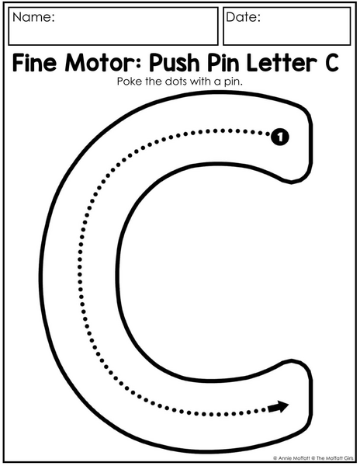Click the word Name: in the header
click(x=33, y=17)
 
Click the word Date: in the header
click(x=243, y=17)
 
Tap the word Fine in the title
click(x=34, y=63)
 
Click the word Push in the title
click(x=175, y=63)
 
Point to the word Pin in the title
click(x=223, y=63)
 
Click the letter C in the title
click(x=332, y=63)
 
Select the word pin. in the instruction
click(x=234, y=82)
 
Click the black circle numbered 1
click(x=279, y=137)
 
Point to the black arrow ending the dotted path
click(x=278, y=406)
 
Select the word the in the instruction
click(x=154, y=81)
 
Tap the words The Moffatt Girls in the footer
click(x=335, y=458)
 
